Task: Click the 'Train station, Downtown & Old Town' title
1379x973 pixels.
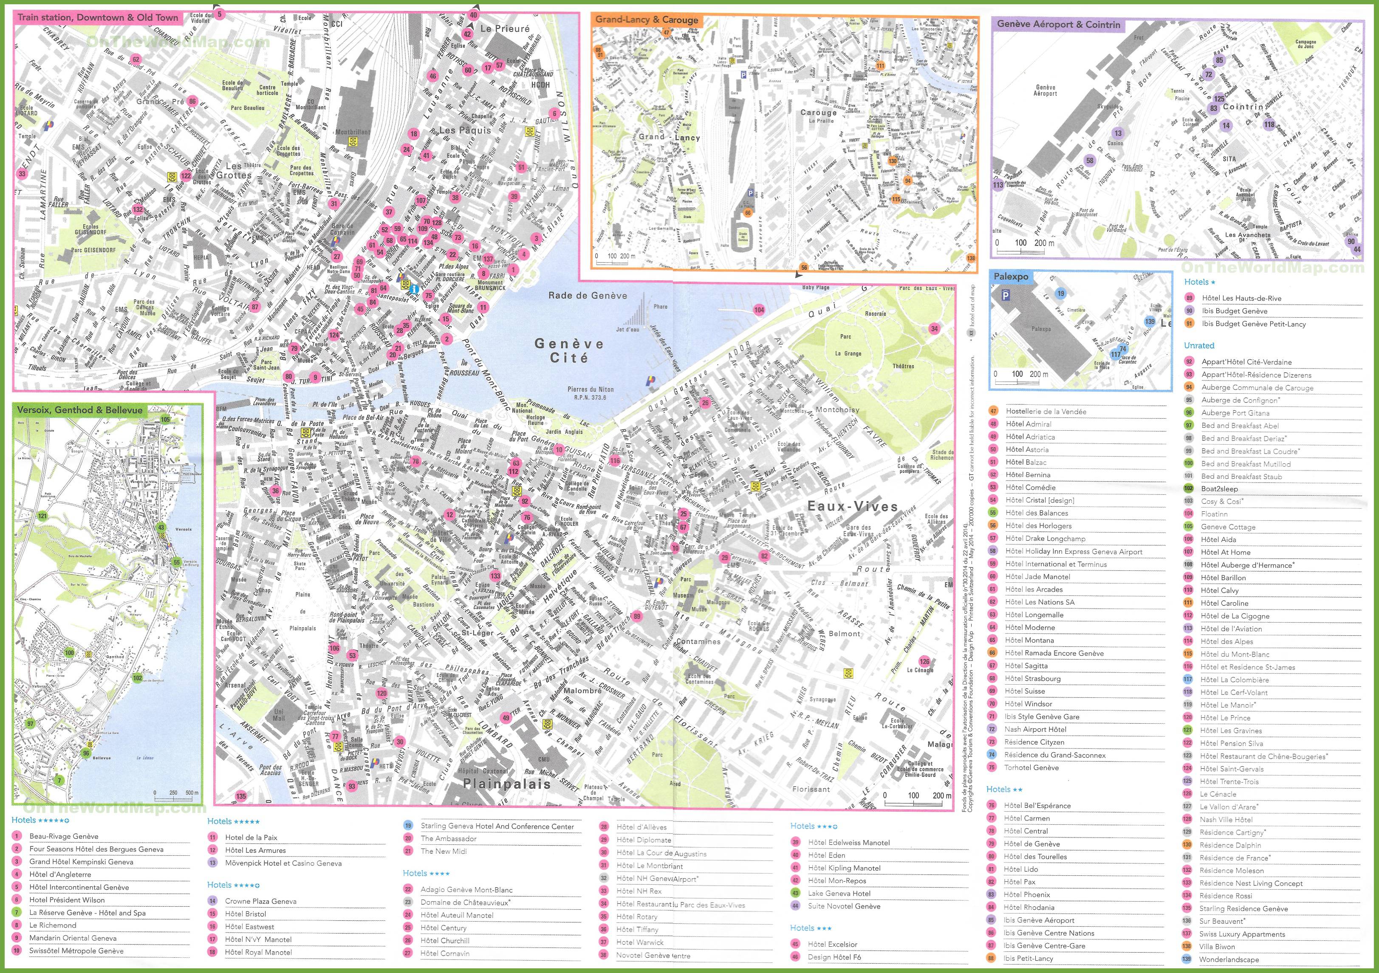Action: coord(97,17)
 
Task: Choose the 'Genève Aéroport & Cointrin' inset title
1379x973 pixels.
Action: coord(1058,25)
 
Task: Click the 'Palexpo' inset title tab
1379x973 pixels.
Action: coord(1010,277)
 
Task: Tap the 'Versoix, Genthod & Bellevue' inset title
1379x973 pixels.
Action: coord(80,410)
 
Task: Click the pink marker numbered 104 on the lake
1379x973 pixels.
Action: coord(759,310)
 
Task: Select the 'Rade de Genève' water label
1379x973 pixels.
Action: coord(588,296)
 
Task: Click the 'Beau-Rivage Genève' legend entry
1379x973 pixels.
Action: coord(64,836)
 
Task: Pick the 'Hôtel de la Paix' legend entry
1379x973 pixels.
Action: coord(251,837)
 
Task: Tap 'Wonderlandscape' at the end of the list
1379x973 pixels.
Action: coord(1229,959)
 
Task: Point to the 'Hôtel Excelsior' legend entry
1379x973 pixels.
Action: coord(832,944)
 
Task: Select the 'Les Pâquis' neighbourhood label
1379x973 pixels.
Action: coord(465,130)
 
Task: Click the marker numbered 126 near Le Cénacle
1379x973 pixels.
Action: coord(924,661)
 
